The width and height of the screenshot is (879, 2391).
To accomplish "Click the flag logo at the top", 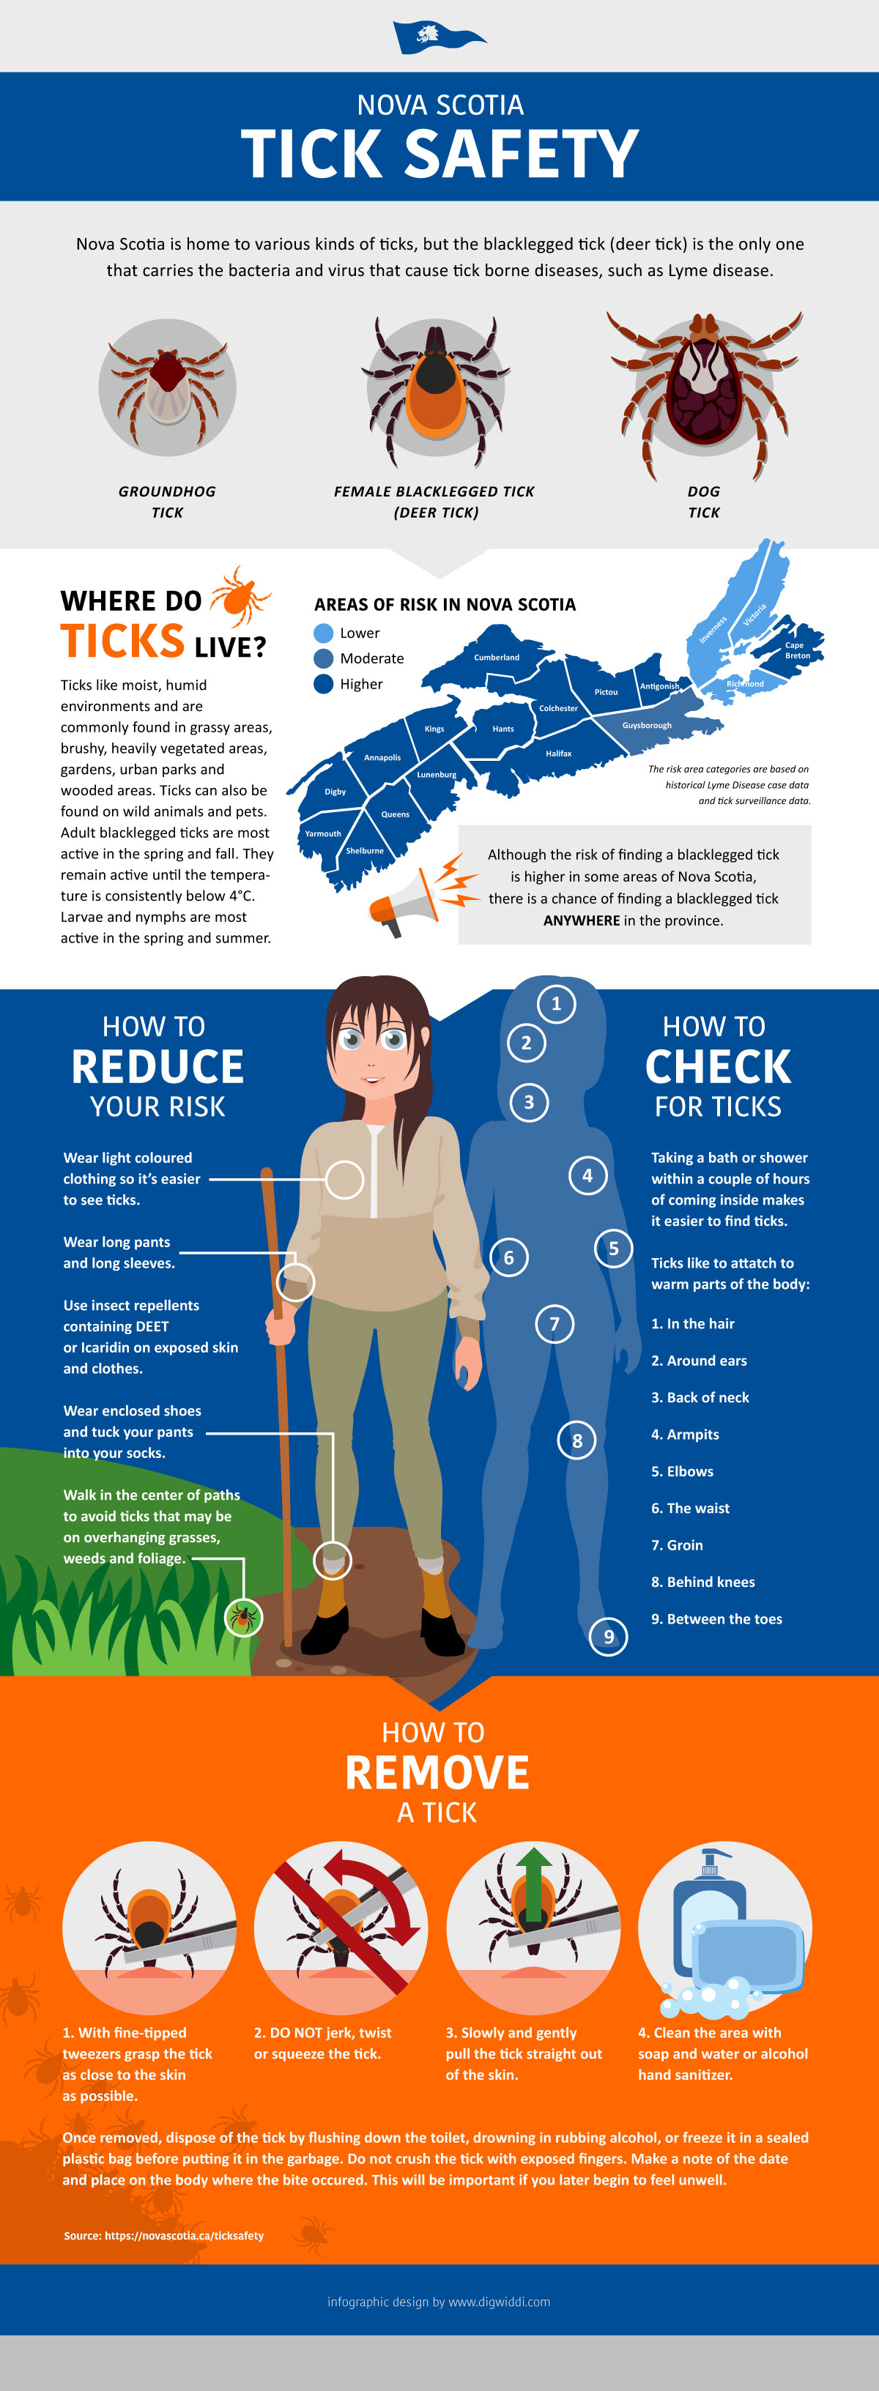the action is click(x=439, y=37).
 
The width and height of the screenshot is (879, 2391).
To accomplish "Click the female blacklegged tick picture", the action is click(x=435, y=390).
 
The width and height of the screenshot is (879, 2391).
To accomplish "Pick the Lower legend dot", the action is click(x=323, y=633).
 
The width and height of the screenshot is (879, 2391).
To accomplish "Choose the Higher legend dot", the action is click(x=323, y=684).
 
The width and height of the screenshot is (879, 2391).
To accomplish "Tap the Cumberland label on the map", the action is click(x=497, y=657).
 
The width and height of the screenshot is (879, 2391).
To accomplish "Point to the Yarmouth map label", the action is click(x=323, y=833).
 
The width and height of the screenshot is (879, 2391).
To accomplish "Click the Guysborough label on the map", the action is click(x=647, y=725).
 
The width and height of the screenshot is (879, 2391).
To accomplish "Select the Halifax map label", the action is click(x=559, y=754).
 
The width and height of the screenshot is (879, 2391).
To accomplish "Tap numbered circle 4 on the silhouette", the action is click(x=587, y=1176).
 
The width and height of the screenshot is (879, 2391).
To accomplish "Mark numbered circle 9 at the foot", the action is click(x=609, y=1637).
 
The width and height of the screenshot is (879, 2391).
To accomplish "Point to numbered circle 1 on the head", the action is click(x=556, y=1003).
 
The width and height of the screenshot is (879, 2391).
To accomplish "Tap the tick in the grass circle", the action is click(x=244, y=1618).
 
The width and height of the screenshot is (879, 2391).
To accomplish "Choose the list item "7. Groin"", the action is click(x=677, y=1545).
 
